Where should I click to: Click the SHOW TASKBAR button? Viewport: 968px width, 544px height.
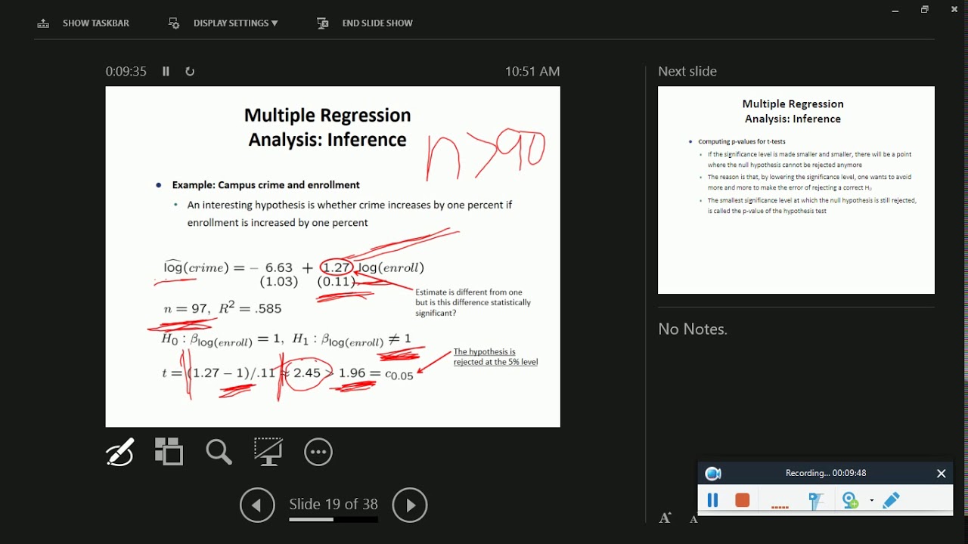pyautogui.click(x=84, y=23)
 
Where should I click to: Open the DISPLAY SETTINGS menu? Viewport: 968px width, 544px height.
pyautogui.click(x=224, y=23)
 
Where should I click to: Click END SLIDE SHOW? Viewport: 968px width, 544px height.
pyautogui.click(x=365, y=23)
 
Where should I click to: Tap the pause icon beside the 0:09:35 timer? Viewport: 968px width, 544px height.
pyautogui.click(x=166, y=71)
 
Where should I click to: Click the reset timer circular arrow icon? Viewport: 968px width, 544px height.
pyautogui.click(x=190, y=71)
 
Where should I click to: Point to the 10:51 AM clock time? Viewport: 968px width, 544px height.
pyautogui.click(x=532, y=71)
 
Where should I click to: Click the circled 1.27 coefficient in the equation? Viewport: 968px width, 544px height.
pyautogui.click(x=337, y=267)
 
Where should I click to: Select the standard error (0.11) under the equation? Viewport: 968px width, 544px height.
pyautogui.click(x=336, y=282)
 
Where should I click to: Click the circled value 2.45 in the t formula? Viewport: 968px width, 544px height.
pyautogui.click(x=307, y=373)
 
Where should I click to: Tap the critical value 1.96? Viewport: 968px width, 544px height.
pyautogui.click(x=352, y=373)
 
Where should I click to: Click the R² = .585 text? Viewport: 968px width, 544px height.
pyautogui.click(x=250, y=308)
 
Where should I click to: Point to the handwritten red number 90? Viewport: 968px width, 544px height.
pyautogui.click(x=524, y=149)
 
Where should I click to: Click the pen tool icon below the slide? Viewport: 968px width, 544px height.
pyautogui.click(x=120, y=452)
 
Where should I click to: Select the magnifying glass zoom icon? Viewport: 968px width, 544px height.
pyautogui.click(x=219, y=452)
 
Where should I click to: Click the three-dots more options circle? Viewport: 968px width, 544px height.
pyautogui.click(x=318, y=452)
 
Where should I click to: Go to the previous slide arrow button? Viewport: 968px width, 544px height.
pyautogui.click(x=257, y=505)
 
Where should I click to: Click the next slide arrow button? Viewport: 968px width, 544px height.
pyautogui.click(x=410, y=505)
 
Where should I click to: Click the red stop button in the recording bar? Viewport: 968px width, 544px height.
pyautogui.click(x=743, y=500)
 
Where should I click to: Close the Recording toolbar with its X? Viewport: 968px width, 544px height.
pyautogui.click(x=942, y=474)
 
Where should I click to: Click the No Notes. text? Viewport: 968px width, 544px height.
pyautogui.click(x=693, y=329)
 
